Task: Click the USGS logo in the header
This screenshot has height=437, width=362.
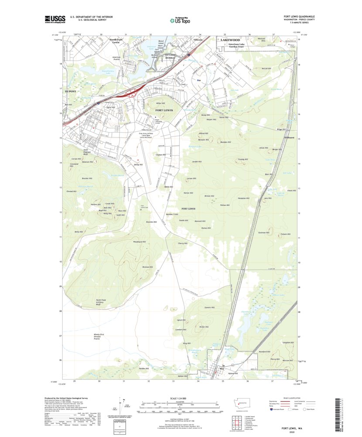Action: point(55,19)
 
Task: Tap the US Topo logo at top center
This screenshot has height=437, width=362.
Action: point(180,19)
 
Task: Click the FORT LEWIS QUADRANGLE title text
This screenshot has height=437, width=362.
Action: point(299,17)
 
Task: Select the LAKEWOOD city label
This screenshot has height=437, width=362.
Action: point(230,40)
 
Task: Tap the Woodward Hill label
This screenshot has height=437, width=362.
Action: point(139,241)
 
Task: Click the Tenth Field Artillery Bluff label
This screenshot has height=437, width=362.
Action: point(102,302)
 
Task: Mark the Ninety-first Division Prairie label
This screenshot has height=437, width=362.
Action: point(100,336)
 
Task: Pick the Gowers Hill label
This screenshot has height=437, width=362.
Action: point(210,307)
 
